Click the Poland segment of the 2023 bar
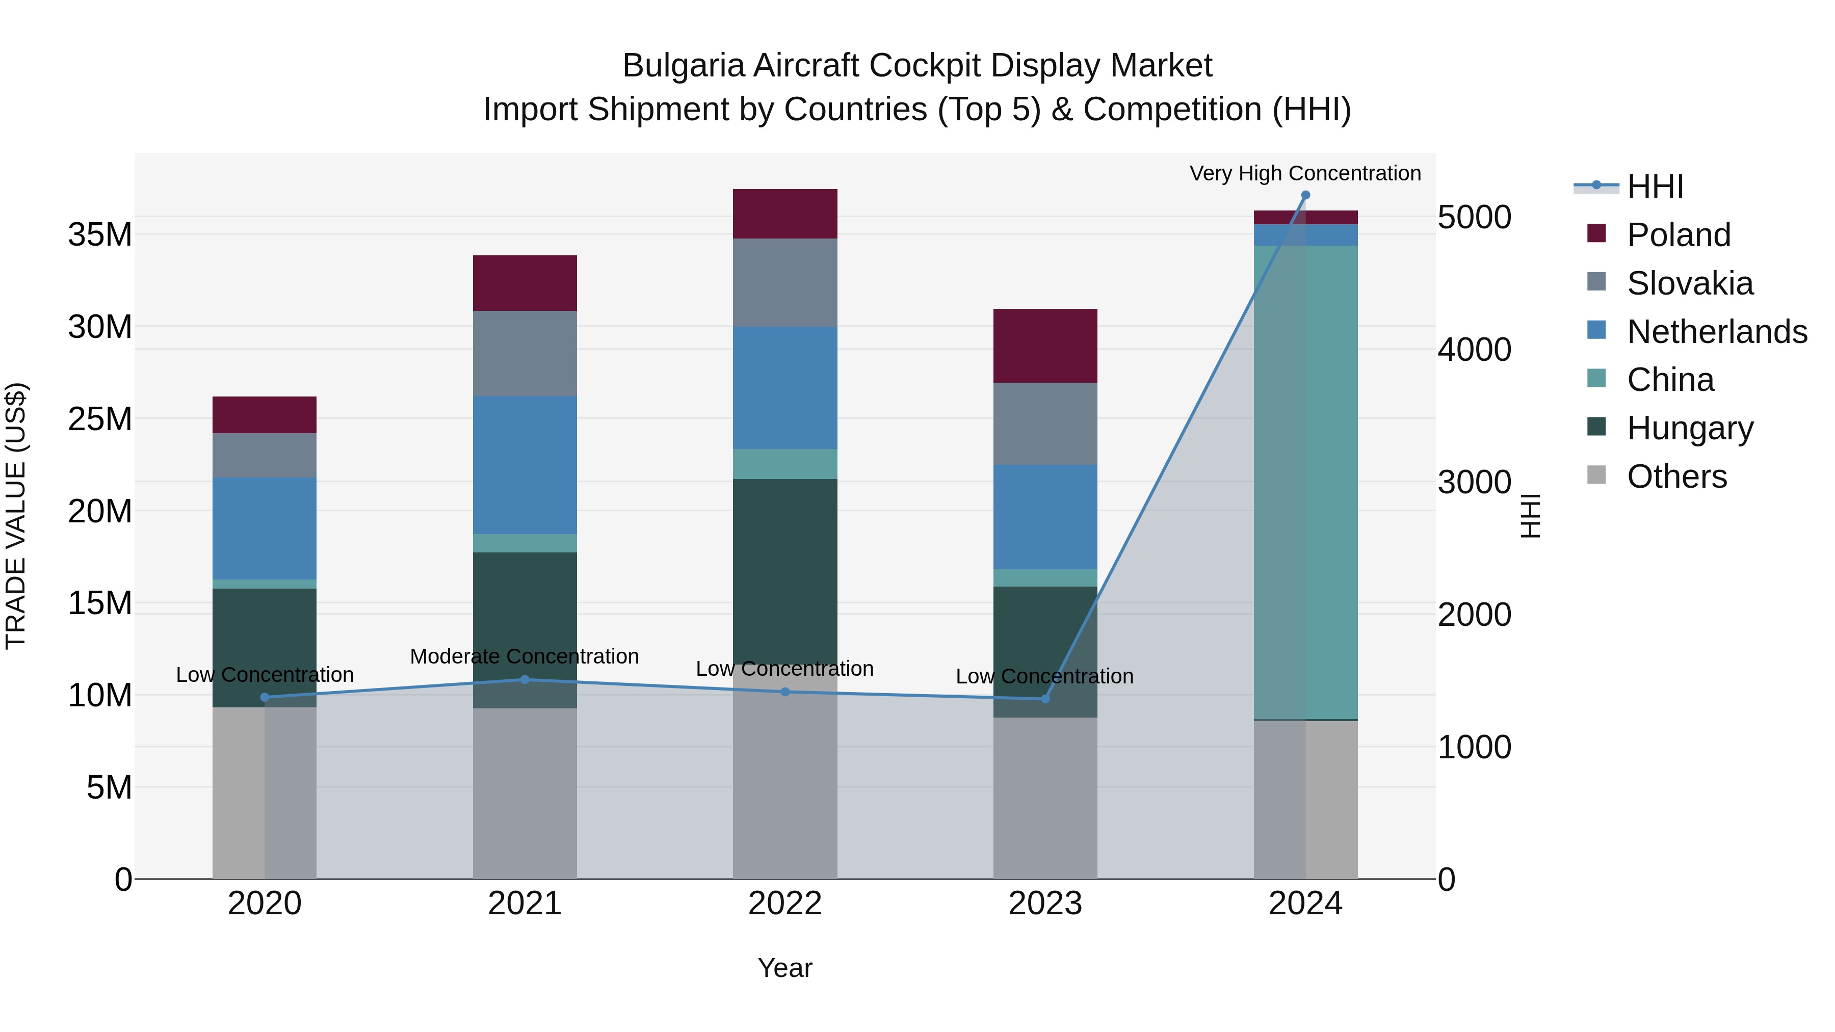tap(1045, 346)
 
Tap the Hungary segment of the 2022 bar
tap(785, 570)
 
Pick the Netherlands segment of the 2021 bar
tap(525, 464)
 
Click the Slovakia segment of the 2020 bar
tap(264, 455)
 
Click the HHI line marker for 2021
tap(525, 679)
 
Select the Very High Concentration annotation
tap(1305, 173)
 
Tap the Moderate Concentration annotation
tap(525, 656)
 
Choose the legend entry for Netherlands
tap(1717, 332)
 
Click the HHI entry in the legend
tap(1655, 187)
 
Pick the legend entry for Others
tap(1677, 477)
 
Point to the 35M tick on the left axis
tap(100, 234)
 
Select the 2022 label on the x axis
tap(785, 904)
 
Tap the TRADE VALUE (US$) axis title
tap(16, 516)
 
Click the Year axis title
tap(785, 968)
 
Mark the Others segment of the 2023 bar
tap(1045, 798)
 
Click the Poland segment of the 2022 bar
tap(785, 214)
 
